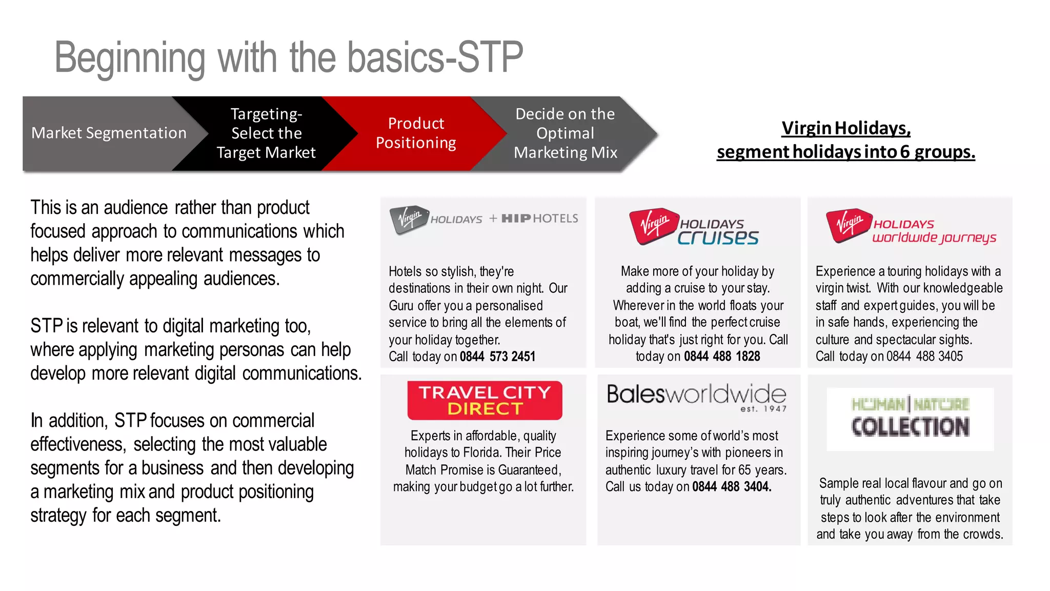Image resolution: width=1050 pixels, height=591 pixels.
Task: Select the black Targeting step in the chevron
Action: (266, 133)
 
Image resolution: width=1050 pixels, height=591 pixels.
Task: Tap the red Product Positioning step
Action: (416, 133)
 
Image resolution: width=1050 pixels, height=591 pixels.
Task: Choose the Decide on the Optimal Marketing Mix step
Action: (565, 133)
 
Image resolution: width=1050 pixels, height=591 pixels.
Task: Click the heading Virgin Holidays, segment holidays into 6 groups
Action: (846, 140)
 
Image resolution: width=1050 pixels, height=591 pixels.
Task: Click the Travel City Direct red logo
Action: (484, 401)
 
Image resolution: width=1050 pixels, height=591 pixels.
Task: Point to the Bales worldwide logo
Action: (696, 395)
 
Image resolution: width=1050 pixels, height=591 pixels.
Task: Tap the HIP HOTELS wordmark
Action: (539, 219)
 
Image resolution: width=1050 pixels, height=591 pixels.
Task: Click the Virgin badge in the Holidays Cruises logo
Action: (653, 225)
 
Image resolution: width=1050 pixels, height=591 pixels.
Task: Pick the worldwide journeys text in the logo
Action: (934, 238)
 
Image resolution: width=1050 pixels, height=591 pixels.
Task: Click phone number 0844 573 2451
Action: (497, 357)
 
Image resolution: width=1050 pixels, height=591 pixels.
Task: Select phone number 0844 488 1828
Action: (722, 357)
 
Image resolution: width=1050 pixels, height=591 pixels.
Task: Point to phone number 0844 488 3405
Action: (924, 357)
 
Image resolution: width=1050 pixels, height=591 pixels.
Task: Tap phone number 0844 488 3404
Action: (731, 487)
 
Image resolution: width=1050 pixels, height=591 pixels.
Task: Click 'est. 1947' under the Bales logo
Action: (763, 409)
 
